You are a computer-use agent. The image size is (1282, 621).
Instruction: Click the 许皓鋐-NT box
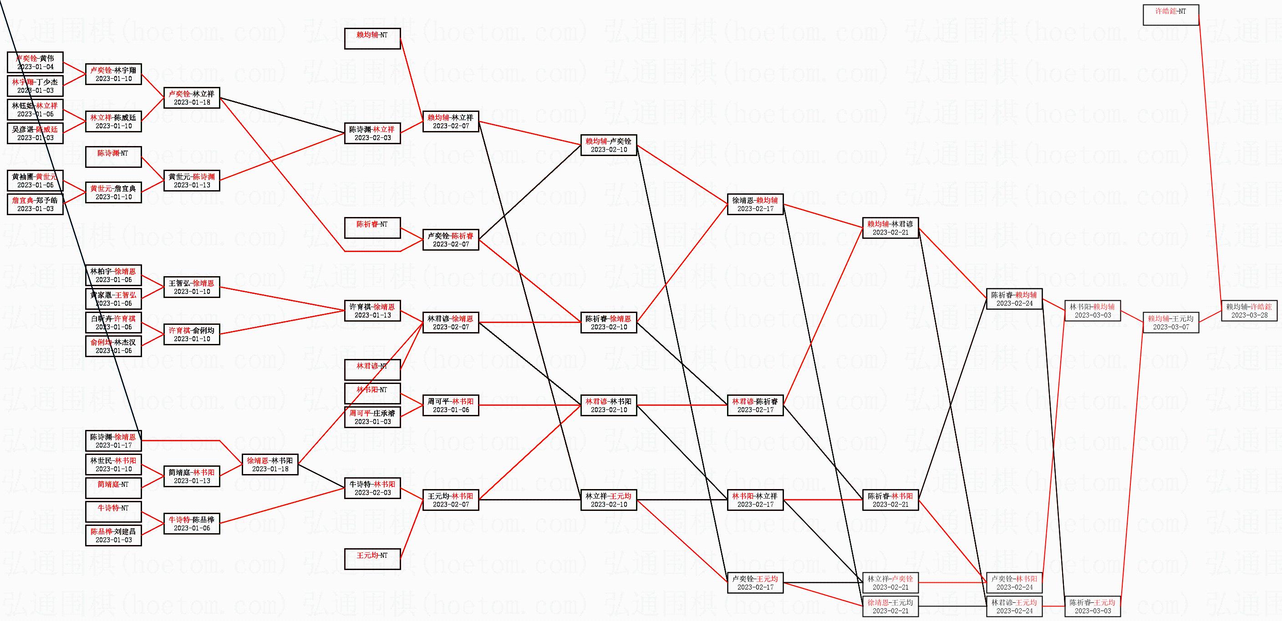point(1170,15)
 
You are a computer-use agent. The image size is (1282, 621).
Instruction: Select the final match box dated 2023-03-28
point(1249,311)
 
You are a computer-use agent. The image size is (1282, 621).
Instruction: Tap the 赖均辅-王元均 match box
point(1170,323)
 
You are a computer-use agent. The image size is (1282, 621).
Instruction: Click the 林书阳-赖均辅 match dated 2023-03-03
point(1093,311)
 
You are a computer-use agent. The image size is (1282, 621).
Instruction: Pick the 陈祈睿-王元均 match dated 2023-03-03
point(1093,606)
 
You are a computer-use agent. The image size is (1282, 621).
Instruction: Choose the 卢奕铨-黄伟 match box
point(35,62)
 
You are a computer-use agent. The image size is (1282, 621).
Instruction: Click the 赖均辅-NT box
point(372,39)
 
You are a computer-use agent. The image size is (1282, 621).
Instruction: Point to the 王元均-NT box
point(372,559)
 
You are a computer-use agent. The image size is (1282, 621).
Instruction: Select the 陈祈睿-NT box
point(372,228)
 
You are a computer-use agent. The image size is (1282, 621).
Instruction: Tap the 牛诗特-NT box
point(113,512)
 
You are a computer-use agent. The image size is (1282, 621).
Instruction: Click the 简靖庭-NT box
point(113,488)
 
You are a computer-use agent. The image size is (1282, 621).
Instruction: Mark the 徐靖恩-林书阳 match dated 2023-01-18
point(270,464)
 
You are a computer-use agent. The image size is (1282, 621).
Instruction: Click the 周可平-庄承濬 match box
point(372,417)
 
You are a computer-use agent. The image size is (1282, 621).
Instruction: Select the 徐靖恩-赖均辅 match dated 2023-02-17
point(755,204)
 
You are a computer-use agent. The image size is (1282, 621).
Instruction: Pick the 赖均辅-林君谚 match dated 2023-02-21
point(890,228)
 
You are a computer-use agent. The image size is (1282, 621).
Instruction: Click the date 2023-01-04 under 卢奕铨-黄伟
point(35,66)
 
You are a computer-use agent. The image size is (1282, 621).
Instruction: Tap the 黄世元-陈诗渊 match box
point(192,181)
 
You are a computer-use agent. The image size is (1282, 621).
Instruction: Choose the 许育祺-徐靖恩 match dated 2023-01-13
point(372,311)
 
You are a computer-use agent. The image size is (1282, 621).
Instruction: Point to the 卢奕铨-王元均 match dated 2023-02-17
point(755,583)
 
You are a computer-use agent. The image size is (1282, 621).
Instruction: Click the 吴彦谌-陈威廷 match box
point(35,133)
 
